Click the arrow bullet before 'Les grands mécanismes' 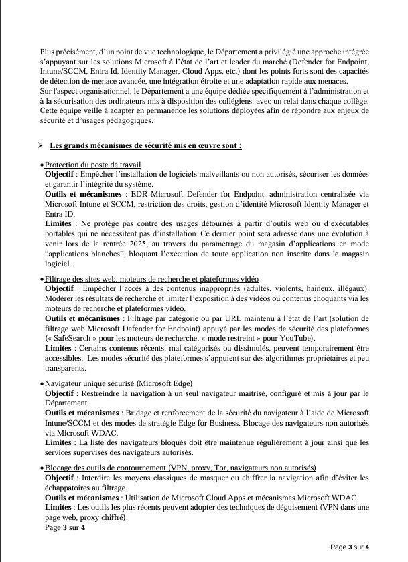[x=40, y=145]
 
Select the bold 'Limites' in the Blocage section [x=58, y=507]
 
